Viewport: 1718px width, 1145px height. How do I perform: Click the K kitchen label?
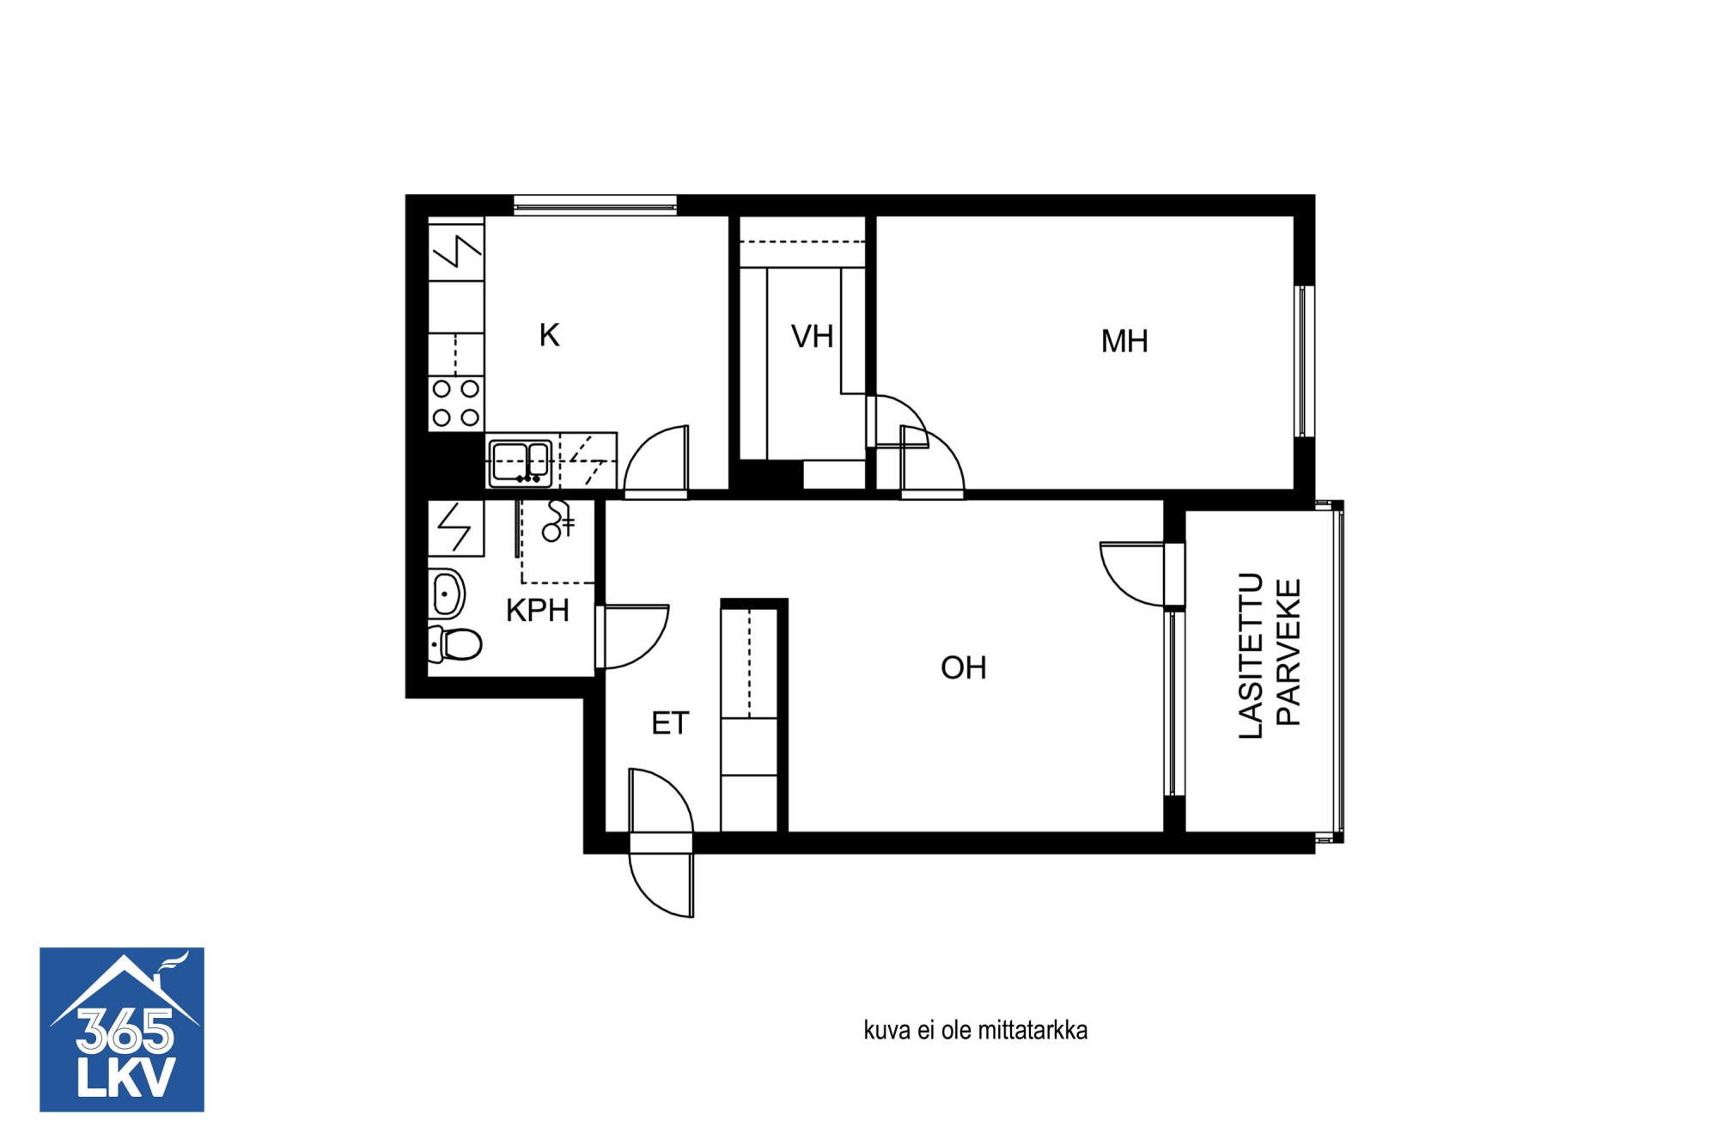tap(549, 335)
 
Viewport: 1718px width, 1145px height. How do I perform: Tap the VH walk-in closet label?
tap(812, 336)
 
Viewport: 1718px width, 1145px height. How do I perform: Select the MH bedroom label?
tap(1124, 341)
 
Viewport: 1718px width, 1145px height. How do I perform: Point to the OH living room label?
tap(963, 667)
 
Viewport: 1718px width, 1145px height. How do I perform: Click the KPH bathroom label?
tap(538, 610)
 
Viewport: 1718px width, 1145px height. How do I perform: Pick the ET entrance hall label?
tap(670, 723)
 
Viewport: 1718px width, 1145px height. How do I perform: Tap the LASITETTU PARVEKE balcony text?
tap(1270, 655)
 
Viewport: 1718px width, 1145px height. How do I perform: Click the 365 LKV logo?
tap(122, 1029)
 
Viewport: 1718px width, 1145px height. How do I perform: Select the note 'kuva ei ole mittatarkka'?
tap(975, 1030)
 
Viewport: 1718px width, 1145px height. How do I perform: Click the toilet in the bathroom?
tap(454, 644)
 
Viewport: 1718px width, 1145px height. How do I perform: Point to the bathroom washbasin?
tap(447, 594)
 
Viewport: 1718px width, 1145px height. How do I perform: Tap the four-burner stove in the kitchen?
tap(456, 403)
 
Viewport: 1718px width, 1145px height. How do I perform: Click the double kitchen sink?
tap(520, 463)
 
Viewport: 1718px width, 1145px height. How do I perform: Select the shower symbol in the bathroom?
tap(557, 521)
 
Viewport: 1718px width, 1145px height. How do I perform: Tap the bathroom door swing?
tap(633, 636)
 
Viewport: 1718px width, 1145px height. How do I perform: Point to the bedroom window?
tap(1304, 362)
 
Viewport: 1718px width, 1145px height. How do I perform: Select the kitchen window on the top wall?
tap(595, 204)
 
